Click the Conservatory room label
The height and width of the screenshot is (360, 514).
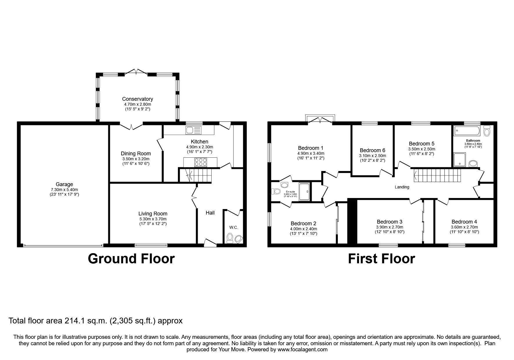(x=137, y=99)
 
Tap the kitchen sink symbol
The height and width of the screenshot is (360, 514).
(x=194, y=130)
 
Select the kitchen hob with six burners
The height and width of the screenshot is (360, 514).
(x=200, y=162)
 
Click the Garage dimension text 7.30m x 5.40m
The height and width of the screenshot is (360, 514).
(x=64, y=189)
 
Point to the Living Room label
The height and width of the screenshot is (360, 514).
(x=153, y=214)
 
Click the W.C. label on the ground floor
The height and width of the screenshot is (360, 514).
(x=233, y=228)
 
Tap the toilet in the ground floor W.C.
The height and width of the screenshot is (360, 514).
(x=230, y=238)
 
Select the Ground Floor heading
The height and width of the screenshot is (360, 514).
(x=131, y=259)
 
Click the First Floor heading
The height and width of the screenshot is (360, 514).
(x=381, y=259)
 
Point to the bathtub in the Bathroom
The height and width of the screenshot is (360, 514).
(x=467, y=131)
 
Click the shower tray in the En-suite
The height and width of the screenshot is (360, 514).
(x=304, y=192)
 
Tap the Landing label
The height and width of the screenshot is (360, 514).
(x=402, y=187)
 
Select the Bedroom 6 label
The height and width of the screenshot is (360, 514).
(x=372, y=150)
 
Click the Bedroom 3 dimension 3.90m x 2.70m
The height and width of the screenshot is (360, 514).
(x=389, y=227)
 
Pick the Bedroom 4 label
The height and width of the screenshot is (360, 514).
(x=464, y=222)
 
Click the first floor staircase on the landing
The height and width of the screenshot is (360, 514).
(x=437, y=175)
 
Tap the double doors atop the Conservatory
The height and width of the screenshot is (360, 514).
(x=136, y=72)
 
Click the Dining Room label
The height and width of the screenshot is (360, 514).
(x=136, y=154)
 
